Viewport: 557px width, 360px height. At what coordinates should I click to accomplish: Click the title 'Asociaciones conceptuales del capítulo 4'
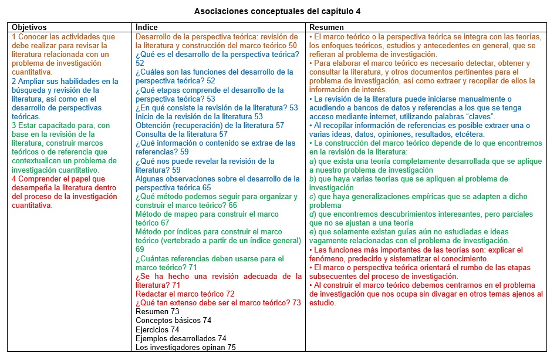[278, 11]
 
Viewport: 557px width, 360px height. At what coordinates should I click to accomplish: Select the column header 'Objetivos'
[29, 28]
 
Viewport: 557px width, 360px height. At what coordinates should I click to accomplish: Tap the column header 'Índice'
[146, 28]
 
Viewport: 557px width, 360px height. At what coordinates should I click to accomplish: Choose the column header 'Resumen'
[326, 28]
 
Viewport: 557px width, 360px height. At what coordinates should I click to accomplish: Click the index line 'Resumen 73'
[157, 312]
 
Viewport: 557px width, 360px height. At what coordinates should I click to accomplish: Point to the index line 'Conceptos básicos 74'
[173, 321]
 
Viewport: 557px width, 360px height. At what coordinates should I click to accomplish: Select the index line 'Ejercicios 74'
[157, 329]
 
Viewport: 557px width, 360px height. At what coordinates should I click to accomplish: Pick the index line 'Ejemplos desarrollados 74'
[181, 338]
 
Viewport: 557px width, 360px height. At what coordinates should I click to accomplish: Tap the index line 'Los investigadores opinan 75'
[185, 347]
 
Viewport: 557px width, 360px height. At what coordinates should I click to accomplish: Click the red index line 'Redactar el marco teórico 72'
[185, 294]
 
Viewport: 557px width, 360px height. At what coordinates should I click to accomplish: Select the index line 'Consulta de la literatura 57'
[181, 134]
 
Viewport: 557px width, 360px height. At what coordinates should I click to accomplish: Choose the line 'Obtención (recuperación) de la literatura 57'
[210, 125]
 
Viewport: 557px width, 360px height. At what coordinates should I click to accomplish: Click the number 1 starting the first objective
[14, 36]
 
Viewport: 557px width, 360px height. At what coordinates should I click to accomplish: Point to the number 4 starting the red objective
[14, 179]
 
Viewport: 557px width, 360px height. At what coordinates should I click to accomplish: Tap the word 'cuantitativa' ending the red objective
[32, 206]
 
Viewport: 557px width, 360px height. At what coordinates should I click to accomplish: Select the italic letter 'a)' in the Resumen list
[313, 161]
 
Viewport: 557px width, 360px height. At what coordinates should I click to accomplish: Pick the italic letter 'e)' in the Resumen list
[313, 232]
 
